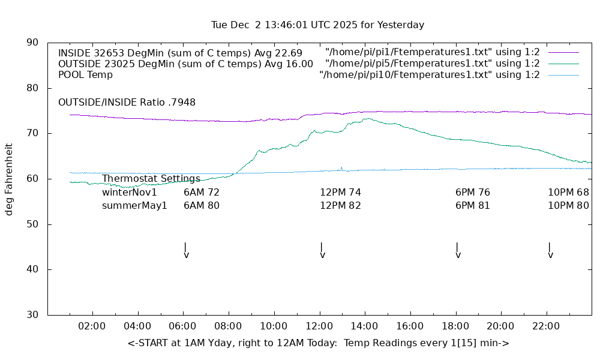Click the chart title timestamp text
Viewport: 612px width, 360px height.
coord(317,25)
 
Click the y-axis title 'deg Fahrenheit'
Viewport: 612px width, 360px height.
coord(9,179)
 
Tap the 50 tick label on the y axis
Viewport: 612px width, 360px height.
coord(33,224)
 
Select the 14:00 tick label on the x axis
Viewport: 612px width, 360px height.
coord(365,326)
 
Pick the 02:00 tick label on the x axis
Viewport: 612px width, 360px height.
coord(92,326)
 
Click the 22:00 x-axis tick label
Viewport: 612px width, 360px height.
coord(546,326)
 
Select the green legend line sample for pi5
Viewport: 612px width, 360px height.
coord(563,64)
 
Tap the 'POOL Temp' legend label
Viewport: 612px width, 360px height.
coord(85,75)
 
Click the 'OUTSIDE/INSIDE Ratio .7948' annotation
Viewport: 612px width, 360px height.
coord(127,103)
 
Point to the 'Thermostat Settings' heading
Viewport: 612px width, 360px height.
coord(151,179)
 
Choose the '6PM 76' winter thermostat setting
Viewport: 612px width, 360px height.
coord(473,193)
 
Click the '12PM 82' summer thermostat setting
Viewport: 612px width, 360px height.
coord(340,206)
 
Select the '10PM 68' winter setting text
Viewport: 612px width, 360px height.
coord(568,193)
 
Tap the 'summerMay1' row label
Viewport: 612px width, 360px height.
coord(134,206)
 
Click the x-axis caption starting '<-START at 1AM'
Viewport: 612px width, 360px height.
coord(318,343)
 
